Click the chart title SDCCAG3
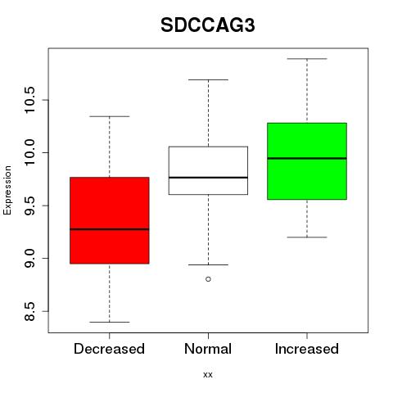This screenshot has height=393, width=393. pos(208,25)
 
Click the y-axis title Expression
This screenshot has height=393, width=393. pos(7,190)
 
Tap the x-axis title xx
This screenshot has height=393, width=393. pos(208,374)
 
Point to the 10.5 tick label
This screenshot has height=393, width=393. pos(29,100)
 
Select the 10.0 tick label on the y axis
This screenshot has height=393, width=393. pos(29,152)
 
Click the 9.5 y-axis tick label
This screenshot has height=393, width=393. pos(29,206)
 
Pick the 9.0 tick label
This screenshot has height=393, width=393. pos(29,258)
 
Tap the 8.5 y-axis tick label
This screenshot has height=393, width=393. pos(29,311)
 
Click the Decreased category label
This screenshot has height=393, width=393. pos(109,349)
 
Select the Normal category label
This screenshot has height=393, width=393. pos(208,349)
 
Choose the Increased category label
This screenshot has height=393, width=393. pos(307,349)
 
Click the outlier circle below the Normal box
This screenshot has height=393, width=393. pos(208,279)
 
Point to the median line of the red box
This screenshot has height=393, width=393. pos(110,229)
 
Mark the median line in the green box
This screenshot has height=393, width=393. pos(307,158)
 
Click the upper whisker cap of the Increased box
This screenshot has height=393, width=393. pos(307,59)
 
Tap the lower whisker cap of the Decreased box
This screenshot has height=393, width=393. pos(110,322)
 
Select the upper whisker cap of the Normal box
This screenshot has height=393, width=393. pos(208,79)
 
